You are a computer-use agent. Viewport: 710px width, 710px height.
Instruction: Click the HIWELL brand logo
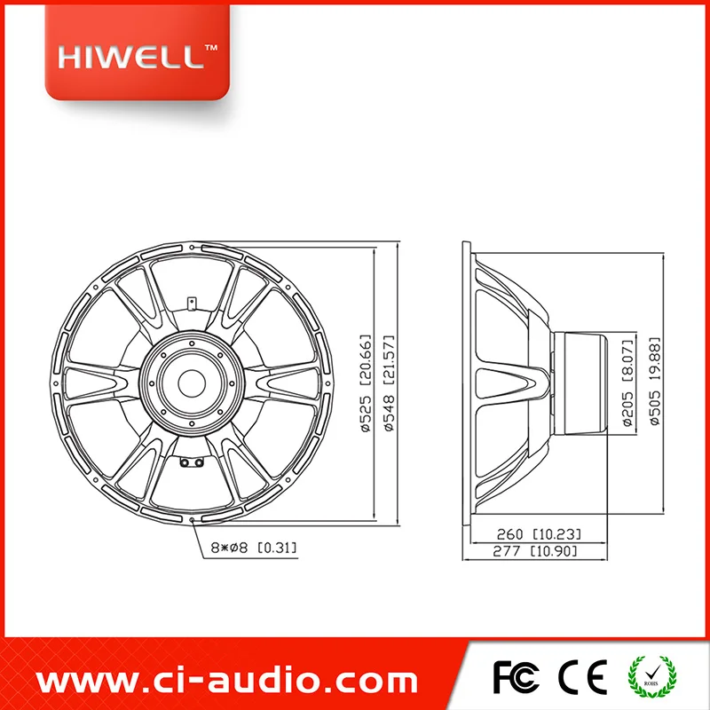click(x=137, y=53)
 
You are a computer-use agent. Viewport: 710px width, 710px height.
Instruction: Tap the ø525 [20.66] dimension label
click(x=366, y=383)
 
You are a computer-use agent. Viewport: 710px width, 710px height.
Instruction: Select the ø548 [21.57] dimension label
click(x=389, y=383)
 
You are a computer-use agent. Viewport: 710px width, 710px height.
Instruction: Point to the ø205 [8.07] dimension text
click(x=628, y=383)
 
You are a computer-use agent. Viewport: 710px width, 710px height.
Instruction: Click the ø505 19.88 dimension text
click(x=655, y=382)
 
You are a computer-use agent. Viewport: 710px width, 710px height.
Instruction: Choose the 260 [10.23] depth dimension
click(x=539, y=534)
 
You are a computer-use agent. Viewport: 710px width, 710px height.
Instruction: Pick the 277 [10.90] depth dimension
click(x=535, y=551)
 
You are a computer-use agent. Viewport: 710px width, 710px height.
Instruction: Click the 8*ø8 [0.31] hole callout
click(x=254, y=548)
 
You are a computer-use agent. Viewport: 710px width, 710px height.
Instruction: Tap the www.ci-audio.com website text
click(x=226, y=681)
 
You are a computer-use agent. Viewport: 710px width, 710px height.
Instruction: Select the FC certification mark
click(x=516, y=677)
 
